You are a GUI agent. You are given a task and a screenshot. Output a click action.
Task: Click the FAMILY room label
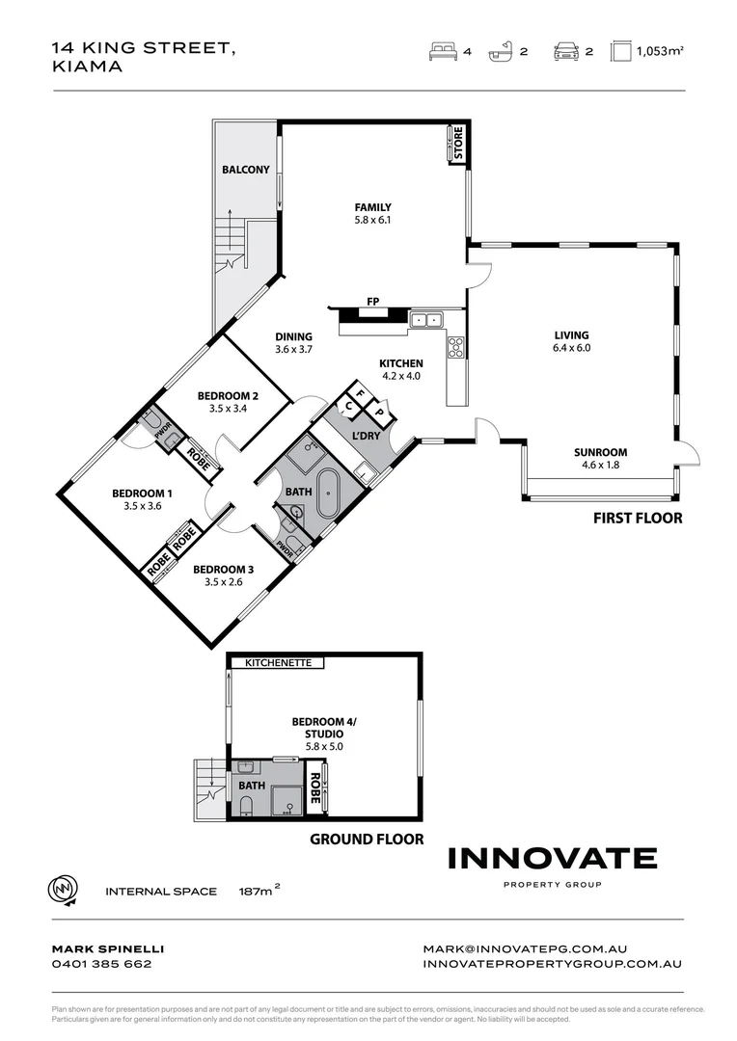pos(372,207)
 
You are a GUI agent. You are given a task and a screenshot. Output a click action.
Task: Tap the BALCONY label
pos(246,170)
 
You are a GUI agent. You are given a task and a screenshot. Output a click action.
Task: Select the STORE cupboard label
pos(458,144)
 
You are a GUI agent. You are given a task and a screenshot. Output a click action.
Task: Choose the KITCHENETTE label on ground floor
pos(278,663)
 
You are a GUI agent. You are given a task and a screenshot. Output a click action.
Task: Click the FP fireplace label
pos(372,302)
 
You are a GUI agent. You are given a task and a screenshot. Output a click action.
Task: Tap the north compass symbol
pos(62,890)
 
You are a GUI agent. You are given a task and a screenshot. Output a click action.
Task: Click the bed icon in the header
pos(442,52)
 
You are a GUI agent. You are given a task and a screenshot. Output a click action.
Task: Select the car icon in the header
pos(566,52)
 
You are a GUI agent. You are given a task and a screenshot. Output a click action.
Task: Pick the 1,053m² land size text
pos(660,53)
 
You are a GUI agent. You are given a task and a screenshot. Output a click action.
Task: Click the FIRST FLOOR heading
pos(637,518)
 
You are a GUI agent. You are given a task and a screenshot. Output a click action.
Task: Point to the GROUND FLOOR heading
pos(366,839)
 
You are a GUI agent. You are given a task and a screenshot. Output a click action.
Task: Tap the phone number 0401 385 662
pos(101,963)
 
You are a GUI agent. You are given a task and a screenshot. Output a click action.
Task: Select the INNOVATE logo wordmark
pos(553,858)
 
